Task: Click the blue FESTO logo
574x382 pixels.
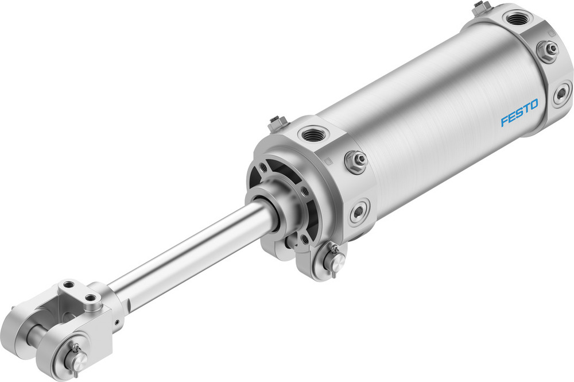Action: pyautogui.click(x=519, y=113)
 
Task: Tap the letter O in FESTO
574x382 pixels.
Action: pyautogui.click(x=534, y=105)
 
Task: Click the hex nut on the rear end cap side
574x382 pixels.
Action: pyautogui.click(x=548, y=50)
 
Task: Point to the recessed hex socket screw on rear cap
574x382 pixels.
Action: pyautogui.click(x=562, y=93)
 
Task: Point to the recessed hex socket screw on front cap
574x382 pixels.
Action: pyautogui.click(x=360, y=211)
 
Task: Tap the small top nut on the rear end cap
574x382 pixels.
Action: pyautogui.click(x=481, y=7)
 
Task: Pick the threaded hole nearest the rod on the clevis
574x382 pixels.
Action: pyautogui.click(x=91, y=298)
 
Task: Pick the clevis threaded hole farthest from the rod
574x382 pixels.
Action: pyautogui.click(x=69, y=285)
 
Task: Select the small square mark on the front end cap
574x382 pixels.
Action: pyautogui.click(x=326, y=163)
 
